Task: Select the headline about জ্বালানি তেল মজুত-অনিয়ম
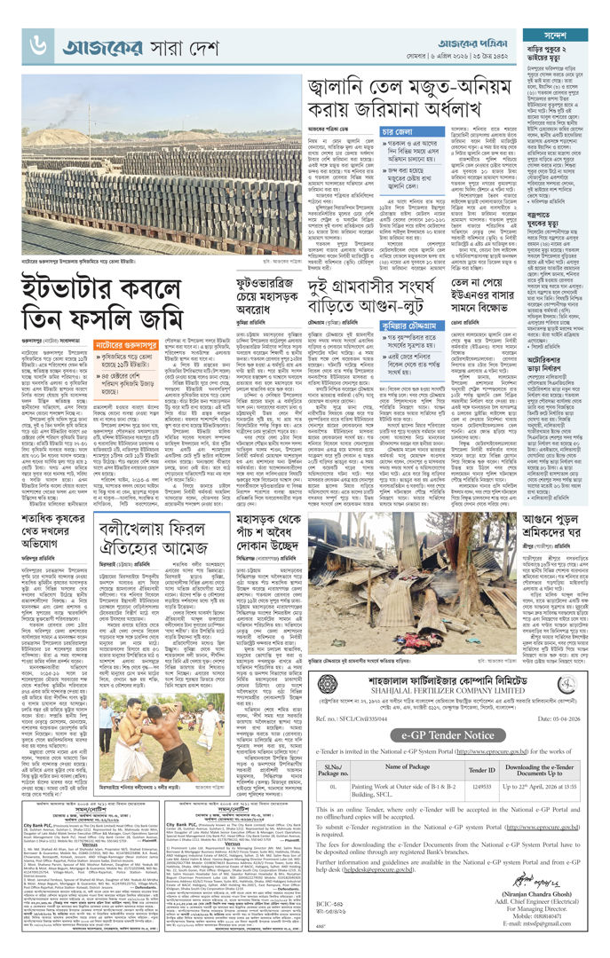(412, 100)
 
